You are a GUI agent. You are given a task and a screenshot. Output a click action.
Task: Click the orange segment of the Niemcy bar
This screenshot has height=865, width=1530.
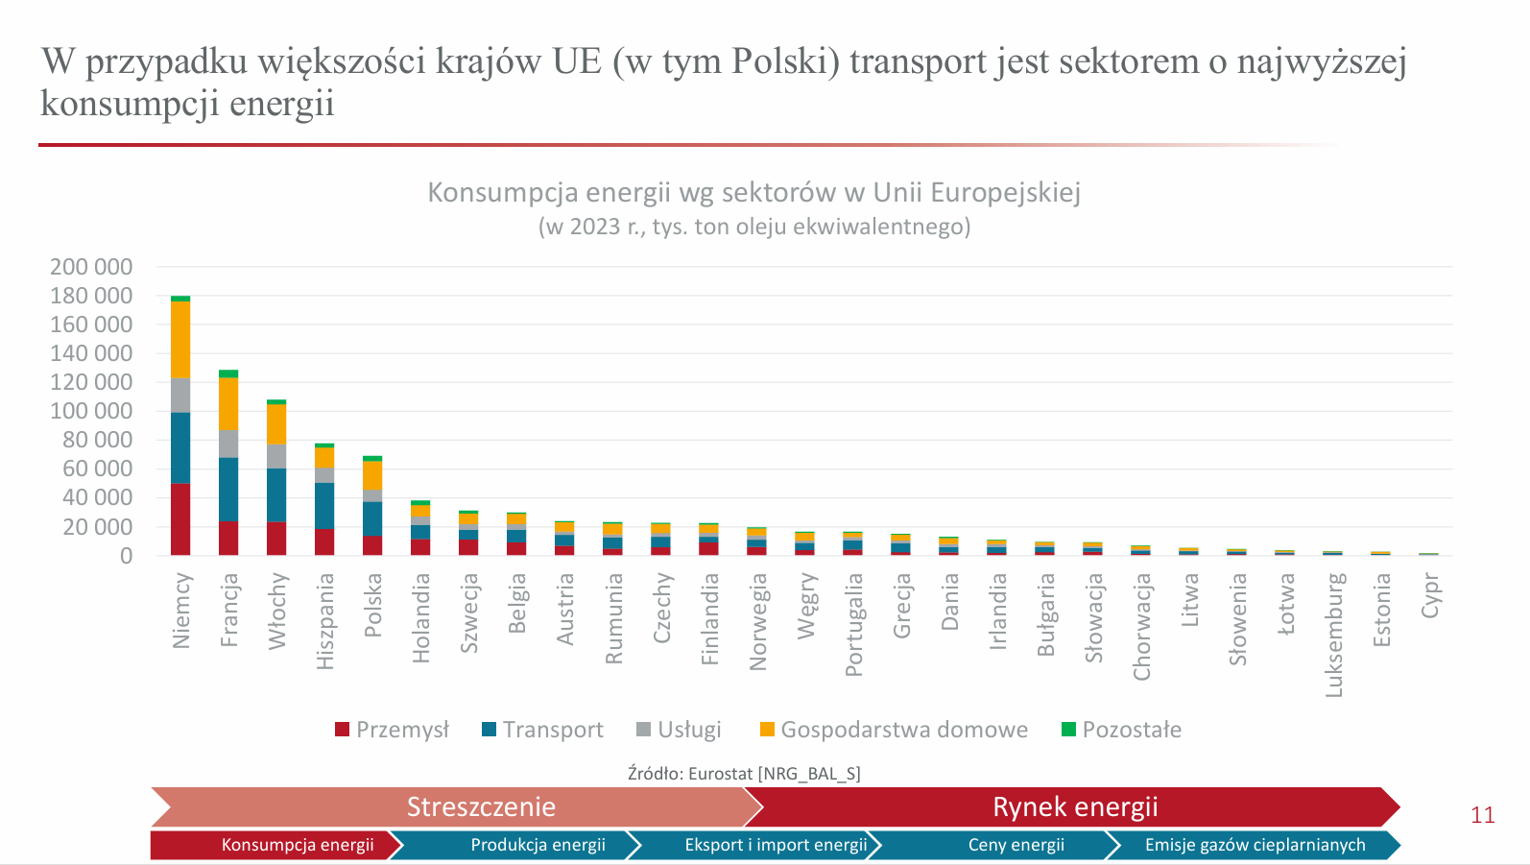click(x=180, y=340)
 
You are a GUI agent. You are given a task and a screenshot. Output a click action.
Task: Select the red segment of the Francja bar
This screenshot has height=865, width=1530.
click(x=228, y=539)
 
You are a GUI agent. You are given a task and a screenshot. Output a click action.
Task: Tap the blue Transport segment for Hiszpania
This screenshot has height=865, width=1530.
click(x=324, y=506)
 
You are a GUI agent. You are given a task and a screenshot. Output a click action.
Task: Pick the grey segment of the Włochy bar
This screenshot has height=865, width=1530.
click(x=276, y=457)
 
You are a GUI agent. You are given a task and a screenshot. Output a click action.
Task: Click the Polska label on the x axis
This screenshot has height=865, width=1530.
click(x=373, y=605)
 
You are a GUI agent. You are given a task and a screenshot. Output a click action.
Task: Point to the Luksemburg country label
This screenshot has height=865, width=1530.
click(x=1334, y=635)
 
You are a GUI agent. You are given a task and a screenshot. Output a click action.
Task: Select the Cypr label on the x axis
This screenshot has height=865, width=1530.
click(x=1430, y=595)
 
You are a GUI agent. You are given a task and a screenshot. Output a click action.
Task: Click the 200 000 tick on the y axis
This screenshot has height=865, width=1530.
click(x=91, y=267)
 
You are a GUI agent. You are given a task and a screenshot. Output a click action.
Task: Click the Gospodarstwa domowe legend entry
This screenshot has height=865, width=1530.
click(x=903, y=730)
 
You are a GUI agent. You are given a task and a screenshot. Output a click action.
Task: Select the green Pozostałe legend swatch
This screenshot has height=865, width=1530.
click(x=1068, y=730)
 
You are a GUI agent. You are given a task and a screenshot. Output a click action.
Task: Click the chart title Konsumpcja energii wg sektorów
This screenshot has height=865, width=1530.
click(x=753, y=193)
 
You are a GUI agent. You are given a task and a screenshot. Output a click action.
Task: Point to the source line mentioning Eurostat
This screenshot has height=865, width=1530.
click(x=744, y=774)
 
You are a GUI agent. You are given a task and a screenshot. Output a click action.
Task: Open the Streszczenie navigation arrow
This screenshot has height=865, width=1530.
click(x=480, y=806)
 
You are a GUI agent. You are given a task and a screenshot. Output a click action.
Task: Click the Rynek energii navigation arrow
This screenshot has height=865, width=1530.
click(x=1075, y=806)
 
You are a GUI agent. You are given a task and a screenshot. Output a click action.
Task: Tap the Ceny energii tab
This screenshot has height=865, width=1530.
click(x=1016, y=845)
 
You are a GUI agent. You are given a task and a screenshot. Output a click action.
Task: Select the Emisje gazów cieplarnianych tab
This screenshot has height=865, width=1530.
click(x=1255, y=845)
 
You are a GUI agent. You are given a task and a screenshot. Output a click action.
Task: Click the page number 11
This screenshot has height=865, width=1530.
click(x=1483, y=815)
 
